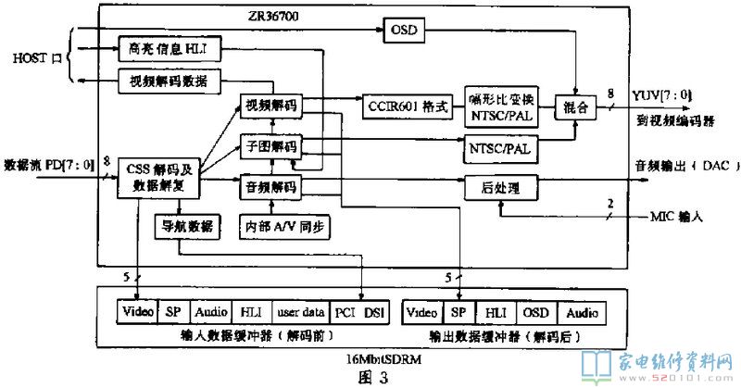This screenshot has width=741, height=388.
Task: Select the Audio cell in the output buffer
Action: [582, 311]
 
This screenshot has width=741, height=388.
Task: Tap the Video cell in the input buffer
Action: [139, 311]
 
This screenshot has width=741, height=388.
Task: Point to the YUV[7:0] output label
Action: [660, 95]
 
